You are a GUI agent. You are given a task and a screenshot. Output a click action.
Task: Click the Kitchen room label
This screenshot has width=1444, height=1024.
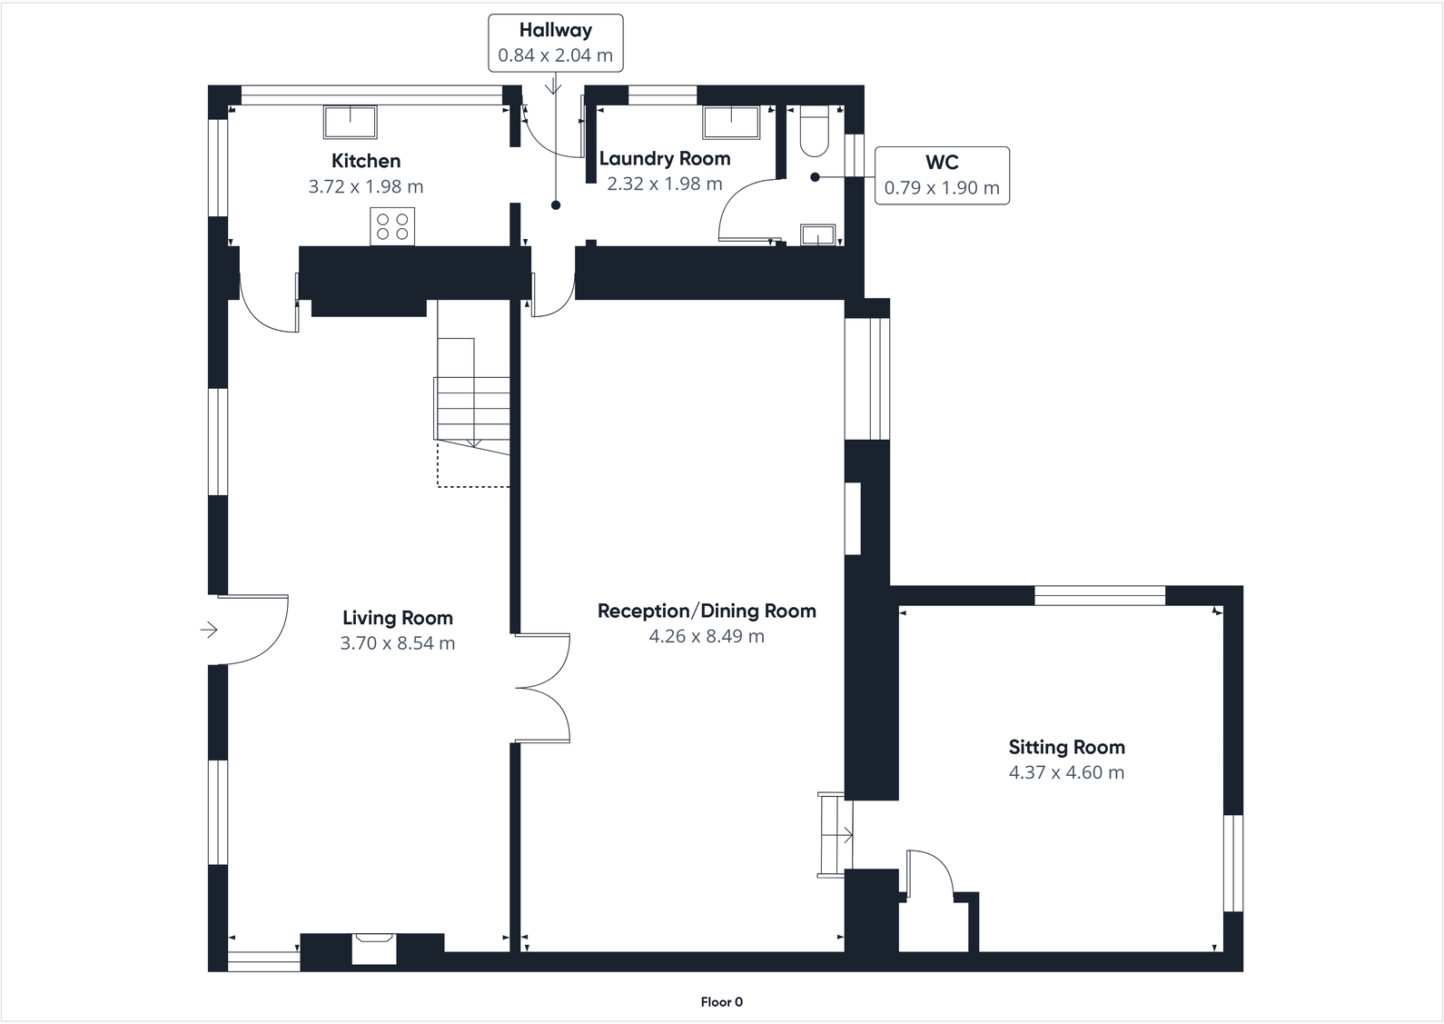click(366, 161)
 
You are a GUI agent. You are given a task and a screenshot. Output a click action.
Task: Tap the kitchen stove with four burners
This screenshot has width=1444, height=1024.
click(392, 226)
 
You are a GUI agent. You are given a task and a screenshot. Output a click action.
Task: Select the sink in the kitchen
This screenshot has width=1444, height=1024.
click(351, 122)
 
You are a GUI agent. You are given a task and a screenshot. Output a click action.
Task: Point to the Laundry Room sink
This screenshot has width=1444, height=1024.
click(731, 122)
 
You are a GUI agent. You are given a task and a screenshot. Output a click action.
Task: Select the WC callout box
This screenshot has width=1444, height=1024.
click(942, 175)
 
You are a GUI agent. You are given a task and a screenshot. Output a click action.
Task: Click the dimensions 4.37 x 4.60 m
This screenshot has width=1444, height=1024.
click(1066, 773)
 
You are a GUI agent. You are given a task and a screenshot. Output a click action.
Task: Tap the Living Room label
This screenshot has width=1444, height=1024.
click(397, 618)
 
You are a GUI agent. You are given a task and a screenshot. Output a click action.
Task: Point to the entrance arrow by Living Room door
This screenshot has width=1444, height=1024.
click(209, 630)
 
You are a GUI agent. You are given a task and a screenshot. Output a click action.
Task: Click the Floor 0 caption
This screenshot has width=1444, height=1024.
click(721, 1002)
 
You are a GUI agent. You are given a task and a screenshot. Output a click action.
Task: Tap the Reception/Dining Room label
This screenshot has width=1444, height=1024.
click(706, 611)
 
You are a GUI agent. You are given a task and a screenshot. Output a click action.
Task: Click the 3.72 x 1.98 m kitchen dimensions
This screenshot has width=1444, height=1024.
click(366, 187)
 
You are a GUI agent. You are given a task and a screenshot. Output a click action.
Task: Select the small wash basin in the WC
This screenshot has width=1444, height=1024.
click(817, 234)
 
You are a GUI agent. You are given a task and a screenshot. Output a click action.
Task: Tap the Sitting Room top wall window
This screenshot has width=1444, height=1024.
click(1100, 596)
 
